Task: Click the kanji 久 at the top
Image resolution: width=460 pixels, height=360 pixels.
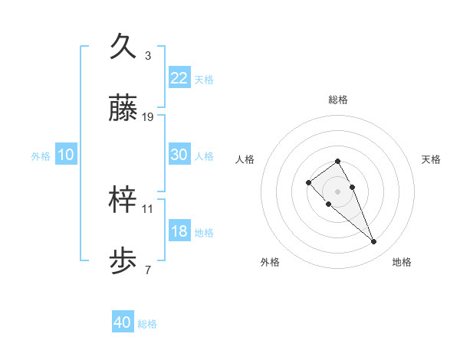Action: pyautogui.click(x=123, y=46)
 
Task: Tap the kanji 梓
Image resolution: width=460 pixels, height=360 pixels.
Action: pyautogui.click(x=123, y=199)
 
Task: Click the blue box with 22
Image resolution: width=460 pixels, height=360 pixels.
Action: pyautogui.click(x=179, y=77)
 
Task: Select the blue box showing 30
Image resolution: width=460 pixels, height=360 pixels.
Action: pyautogui.click(x=179, y=154)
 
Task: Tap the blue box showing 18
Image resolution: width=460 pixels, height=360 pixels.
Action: pyautogui.click(x=179, y=231)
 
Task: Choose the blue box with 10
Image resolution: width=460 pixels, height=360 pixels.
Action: pyautogui.click(x=65, y=155)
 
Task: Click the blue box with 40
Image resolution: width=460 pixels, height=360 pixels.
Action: pyautogui.click(x=123, y=322)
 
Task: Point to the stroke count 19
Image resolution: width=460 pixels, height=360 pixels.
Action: pyautogui.click(x=148, y=117)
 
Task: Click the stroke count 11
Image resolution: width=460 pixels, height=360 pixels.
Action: pyautogui.click(x=148, y=208)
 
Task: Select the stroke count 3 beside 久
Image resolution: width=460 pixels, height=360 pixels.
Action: pyautogui.click(x=148, y=55)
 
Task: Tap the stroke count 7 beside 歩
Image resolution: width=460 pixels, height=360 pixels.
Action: pyautogui.click(x=148, y=270)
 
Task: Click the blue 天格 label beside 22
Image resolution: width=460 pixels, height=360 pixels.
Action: pyautogui.click(x=204, y=79)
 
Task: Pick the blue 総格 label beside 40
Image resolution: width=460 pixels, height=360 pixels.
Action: pyautogui.click(x=147, y=324)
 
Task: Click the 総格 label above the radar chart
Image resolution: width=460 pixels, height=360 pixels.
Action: pyautogui.click(x=338, y=100)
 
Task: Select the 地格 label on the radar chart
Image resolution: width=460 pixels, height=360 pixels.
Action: pyautogui.click(x=402, y=262)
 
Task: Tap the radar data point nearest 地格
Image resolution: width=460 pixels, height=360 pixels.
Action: pyautogui.click(x=374, y=242)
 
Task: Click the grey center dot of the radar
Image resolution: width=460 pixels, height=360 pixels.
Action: pyautogui.click(x=338, y=191)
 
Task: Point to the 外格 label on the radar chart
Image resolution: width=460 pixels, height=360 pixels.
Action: pyautogui.click(x=270, y=262)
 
